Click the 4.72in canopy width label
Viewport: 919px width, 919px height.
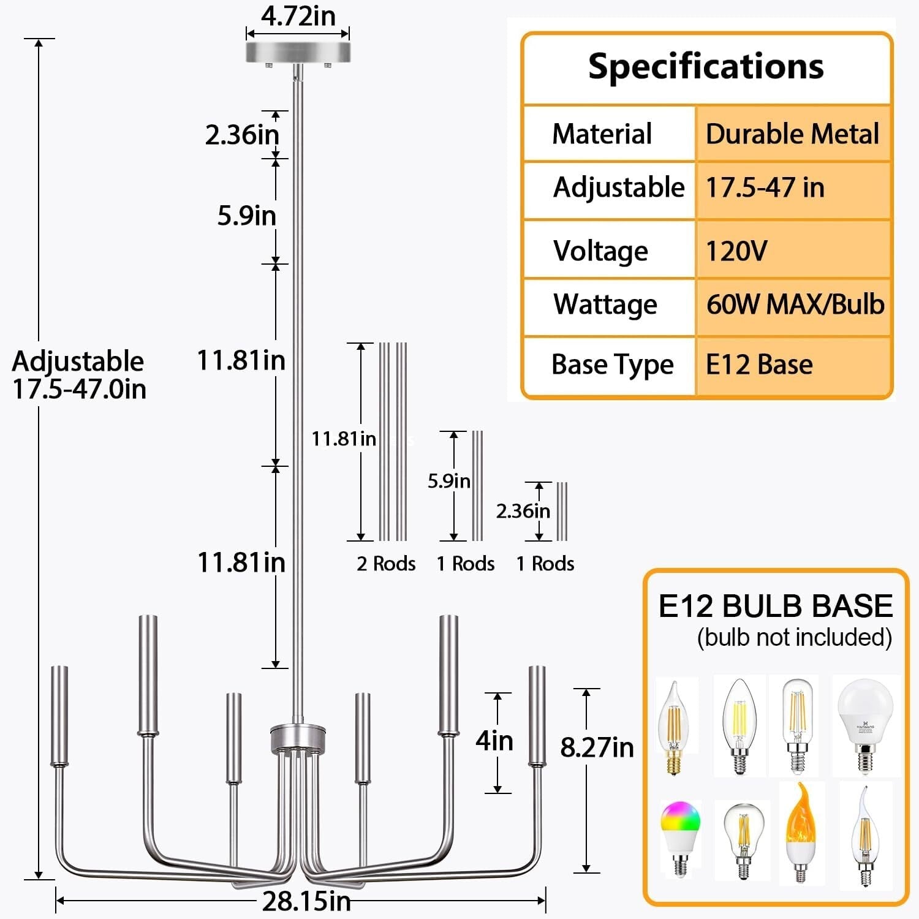(298, 16)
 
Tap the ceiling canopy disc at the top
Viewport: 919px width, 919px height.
(298, 52)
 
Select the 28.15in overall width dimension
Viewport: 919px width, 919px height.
(306, 901)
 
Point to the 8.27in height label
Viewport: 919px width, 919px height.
(597, 747)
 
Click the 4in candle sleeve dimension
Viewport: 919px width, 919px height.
(494, 741)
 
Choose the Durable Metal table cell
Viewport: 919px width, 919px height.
(792, 134)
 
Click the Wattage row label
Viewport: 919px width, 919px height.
(605, 304)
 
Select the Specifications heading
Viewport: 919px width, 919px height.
(706, 66)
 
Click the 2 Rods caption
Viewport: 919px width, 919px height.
(386, 564)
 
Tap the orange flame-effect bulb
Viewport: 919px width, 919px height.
(801, 832)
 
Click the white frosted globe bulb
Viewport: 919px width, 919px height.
(865, 725)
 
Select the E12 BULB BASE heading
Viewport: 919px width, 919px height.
(776, 606)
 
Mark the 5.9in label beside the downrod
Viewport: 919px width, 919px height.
(247, 216)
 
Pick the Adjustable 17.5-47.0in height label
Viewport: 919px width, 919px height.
(79, 375)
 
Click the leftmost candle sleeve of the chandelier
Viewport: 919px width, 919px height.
(59, 716)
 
